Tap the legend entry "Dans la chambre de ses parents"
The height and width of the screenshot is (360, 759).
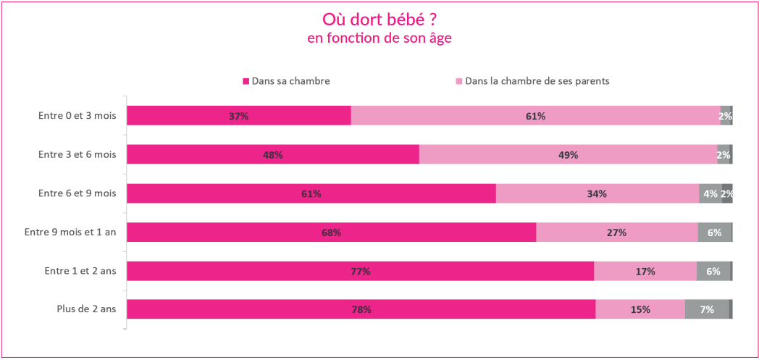coord(537,81)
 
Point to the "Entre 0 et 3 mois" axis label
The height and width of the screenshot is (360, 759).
coord(77,115)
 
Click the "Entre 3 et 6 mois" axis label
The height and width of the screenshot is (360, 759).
coord(77,154)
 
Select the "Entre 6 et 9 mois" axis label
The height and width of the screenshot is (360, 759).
coord(77,193)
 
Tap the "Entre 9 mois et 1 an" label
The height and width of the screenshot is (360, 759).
coord(70,232)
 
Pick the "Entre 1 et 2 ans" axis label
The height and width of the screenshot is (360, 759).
coord(80,271)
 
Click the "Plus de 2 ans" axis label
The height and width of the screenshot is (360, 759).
coord(86,309)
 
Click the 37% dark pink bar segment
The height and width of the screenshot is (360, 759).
coord(239,116)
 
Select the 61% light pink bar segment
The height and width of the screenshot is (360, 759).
coord(535,116)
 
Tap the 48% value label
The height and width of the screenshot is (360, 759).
coord(273,155)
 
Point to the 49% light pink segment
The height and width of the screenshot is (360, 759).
coord(568,155)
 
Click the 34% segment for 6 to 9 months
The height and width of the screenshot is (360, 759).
coord(597,193)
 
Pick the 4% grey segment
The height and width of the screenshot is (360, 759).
coord(710,193)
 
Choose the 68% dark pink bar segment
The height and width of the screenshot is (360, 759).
coord(331,233)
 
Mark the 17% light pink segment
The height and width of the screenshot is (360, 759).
coord(645,271)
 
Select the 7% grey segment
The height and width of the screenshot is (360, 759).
coord(707,309)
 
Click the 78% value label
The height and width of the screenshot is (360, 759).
coord(361,310)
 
